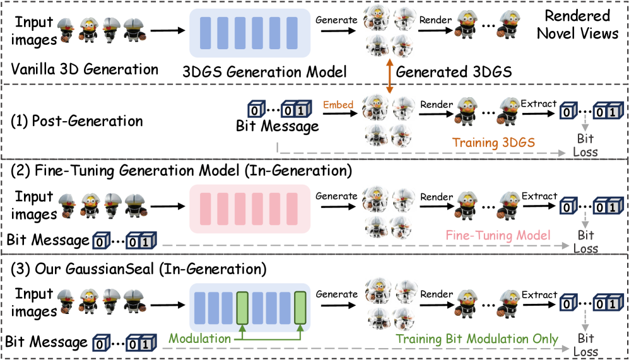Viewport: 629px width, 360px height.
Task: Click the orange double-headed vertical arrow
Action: (391, 78)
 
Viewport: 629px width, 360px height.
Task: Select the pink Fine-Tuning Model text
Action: (498, 235)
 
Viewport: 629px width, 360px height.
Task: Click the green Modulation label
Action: (200, 339)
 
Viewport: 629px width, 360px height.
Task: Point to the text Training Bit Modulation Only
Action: (477, 339)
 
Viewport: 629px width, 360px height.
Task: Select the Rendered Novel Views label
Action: (577, 25)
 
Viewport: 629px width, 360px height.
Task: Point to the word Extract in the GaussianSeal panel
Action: (539, 294)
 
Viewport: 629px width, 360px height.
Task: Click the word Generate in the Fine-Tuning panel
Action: (336, 196)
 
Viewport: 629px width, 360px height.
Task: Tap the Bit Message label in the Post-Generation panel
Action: (277, 127)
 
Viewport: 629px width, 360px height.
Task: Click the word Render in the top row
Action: (437, 20)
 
